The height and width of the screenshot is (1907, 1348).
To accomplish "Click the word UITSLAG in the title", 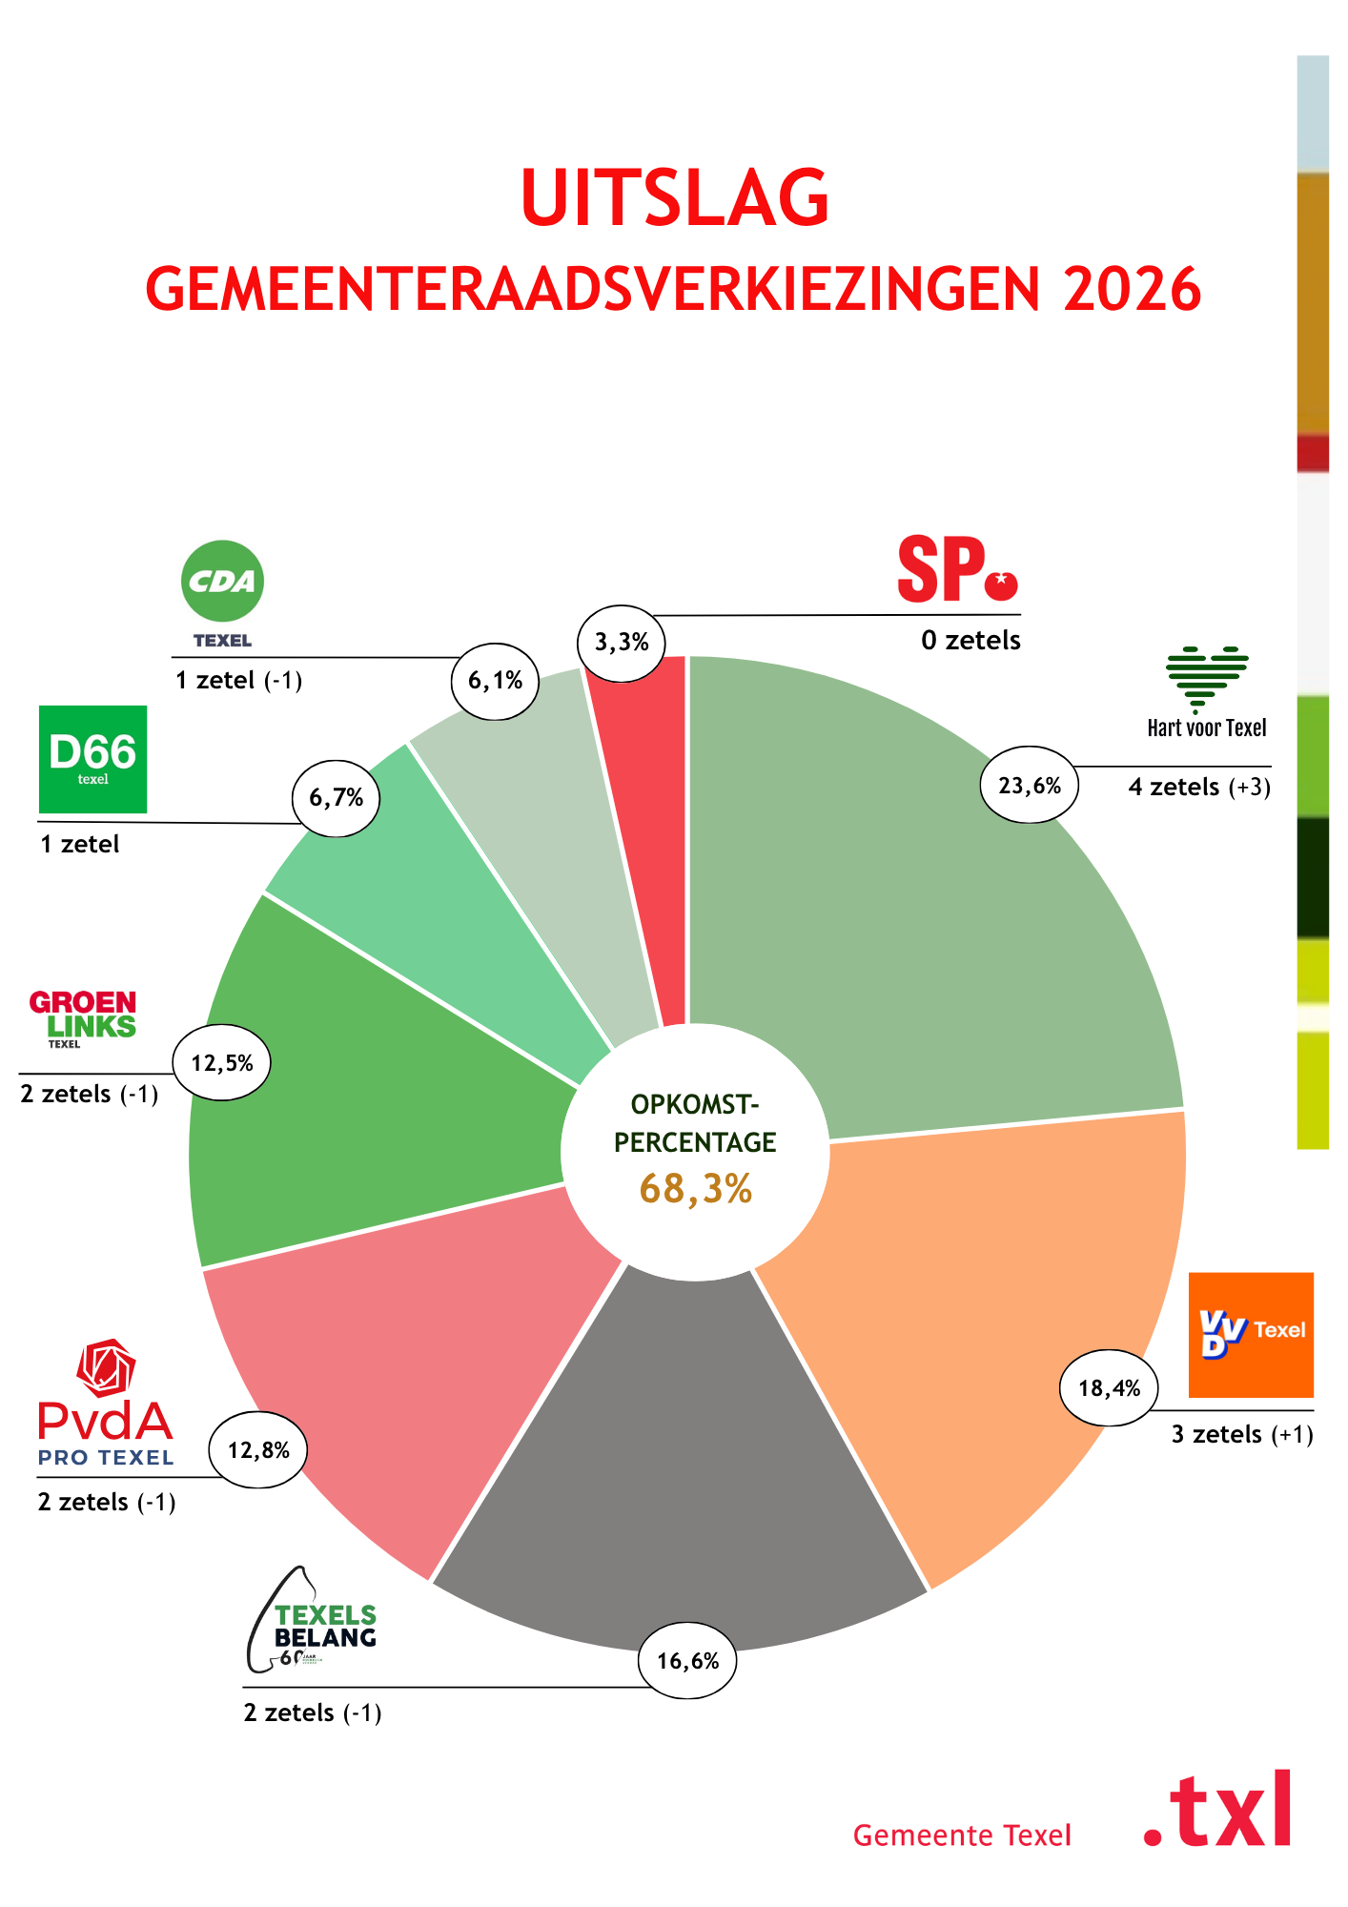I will tap(675, 198).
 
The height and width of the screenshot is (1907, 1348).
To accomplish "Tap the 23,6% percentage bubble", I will tap(1030, 785).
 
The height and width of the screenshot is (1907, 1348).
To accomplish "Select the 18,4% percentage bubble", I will tap(1110, 1388).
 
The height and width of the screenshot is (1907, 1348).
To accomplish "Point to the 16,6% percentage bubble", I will tap(687, 1661).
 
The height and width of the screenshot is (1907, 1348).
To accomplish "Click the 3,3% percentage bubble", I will tap(622, 643).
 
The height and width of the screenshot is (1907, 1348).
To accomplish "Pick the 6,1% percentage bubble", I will tap(495, 680).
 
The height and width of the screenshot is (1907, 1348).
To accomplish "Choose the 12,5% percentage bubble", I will tap(221, 1062).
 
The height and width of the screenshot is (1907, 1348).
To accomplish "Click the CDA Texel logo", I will tap(222, 593).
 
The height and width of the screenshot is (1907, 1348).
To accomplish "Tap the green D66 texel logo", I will tap(92, 759).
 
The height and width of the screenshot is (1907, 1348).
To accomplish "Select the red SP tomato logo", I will tap(957, 569).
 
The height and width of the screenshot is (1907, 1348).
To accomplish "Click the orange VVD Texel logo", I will tap(1251, 1334).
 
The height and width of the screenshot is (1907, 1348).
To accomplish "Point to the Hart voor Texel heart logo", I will tap(1207, 692).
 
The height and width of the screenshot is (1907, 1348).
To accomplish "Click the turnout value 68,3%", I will tap(696, 1188).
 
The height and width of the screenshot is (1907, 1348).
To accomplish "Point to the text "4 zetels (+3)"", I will tap(1199, 787).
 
